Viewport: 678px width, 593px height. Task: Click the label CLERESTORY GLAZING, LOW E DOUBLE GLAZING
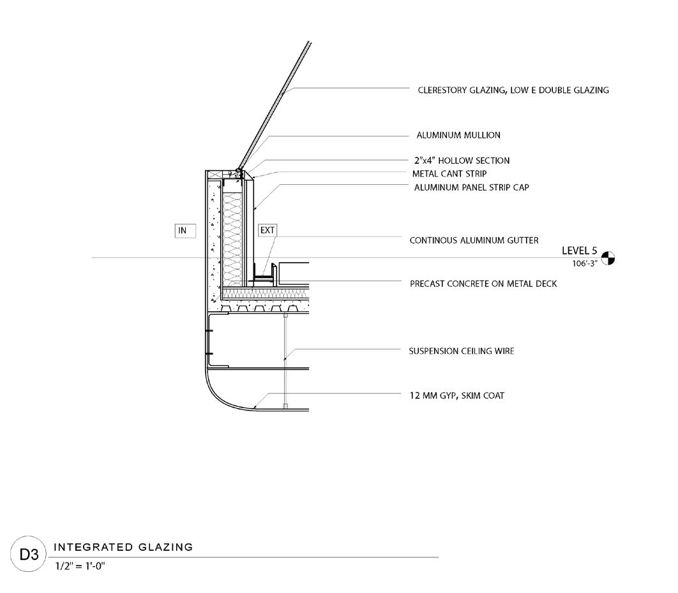click(x=513, y=90)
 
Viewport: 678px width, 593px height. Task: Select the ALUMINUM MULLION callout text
click(x=458, y=135)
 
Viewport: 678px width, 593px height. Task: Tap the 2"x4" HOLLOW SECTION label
click(x=462, y=161)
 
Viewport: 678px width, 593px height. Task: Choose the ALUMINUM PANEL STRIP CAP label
click(x=471, y=187)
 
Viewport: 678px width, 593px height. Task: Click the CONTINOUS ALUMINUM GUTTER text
click(x=474, y=240)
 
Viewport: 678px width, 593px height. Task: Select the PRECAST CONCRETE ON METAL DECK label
click(x=483, y=283)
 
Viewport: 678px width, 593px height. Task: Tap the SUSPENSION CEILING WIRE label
click(x=461, y=351)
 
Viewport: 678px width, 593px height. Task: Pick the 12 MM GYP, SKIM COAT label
click(x=456, y=396)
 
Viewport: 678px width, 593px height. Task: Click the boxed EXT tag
click(x=267, y=231)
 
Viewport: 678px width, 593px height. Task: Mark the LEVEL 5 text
click(x=579, y=251)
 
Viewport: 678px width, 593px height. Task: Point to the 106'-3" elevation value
click(x=585, y=263)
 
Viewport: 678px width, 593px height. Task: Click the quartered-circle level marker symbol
click(x=609, y=258)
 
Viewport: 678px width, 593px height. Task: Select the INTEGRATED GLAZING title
click(x=123, y=547)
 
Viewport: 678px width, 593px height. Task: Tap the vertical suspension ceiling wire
click(x=285, y=357)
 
